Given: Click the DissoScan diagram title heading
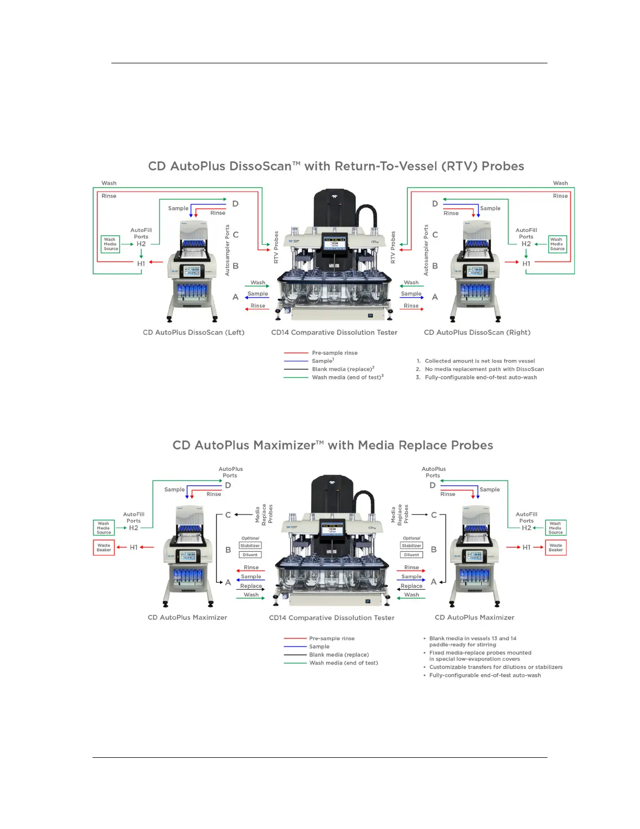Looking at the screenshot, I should click(336, 166).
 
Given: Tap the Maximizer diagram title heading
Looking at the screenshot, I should click(333, 445).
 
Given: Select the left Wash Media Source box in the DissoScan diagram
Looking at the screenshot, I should click(110, 244).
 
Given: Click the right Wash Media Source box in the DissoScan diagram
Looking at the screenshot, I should click(557, 244).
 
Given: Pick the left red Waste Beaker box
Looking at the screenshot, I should click(104, 547).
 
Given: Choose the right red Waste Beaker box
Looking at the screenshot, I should click(555, 547).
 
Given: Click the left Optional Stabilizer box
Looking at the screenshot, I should click(250, 546).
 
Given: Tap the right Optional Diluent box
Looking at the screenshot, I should click(412, 555).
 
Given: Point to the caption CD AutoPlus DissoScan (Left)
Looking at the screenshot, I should click(193, 332).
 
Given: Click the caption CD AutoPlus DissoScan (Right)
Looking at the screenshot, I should click(477, 332).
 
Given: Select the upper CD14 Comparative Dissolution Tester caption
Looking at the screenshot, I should click(334, 332).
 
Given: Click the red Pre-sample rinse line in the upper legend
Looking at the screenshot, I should click(296, 353).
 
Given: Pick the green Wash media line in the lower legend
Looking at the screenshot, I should click(295, 663).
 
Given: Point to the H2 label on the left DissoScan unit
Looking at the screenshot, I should click(141, 244).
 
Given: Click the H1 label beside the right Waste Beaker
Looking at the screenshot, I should click(526, 547).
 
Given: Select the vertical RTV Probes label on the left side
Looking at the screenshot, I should click(276, 247).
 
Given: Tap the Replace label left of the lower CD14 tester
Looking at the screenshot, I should click(251, 586).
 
